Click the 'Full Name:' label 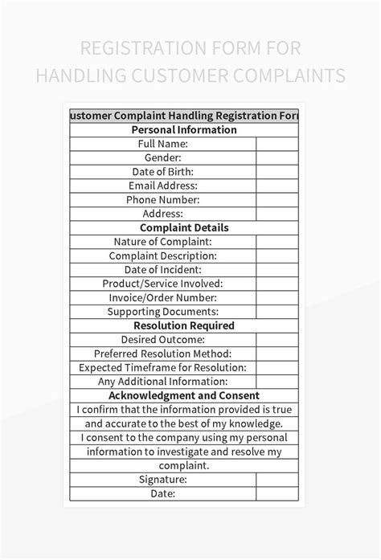point(162,144)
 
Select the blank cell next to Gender point(278,157)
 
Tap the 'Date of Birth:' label point(162,172)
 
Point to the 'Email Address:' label point(162,186)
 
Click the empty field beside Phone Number point(278,200)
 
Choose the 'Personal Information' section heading point(184,129)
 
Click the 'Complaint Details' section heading point(184,228)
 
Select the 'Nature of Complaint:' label point(162,242)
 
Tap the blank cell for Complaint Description point(278,256)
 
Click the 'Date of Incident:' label point(162,270)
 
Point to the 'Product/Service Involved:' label point(162,284)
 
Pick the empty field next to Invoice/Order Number point(278,298)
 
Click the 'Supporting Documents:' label point(162,312)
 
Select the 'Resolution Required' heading point(184,326)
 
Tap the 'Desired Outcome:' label point(162,340)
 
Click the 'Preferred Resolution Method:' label point(162,354)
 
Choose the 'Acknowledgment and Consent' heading point(184,395)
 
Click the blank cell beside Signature point(278,480)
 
